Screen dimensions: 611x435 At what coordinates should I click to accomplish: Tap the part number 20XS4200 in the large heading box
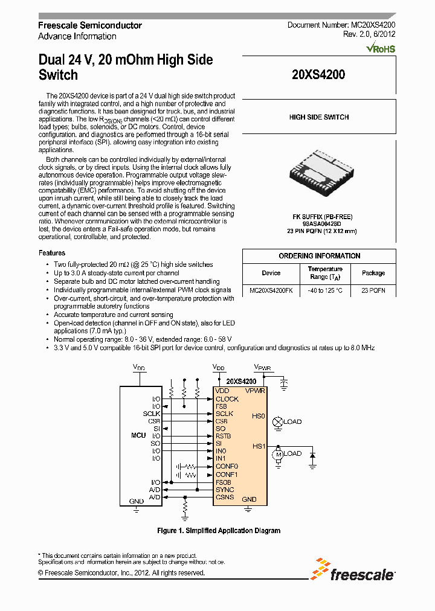tap(318, 75)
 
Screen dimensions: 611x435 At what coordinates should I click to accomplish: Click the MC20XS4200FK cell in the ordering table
tap(271, 290)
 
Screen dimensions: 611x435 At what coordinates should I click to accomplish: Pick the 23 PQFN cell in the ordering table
tap(373, 290)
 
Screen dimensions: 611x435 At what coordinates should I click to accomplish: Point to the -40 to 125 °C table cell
tap(325, 290)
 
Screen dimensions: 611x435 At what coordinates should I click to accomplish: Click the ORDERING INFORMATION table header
tap(319, 256)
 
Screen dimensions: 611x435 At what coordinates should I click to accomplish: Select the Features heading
tap(52, 253)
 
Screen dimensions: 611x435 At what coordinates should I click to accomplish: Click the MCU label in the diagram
tap(138, 435)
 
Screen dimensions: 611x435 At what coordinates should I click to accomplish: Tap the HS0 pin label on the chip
tap(259, 417)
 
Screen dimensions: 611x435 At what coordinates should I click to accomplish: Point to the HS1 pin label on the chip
tap(259, 446)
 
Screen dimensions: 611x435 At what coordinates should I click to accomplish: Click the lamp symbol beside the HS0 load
tap(278, 421)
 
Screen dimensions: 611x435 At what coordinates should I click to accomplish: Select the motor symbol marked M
tap(278, 453)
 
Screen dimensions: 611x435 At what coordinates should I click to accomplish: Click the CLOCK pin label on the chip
tap(227, 399)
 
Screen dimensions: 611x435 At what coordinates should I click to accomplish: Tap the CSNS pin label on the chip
tap(225, 497)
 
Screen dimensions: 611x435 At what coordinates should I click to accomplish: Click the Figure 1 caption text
tap(219, 531)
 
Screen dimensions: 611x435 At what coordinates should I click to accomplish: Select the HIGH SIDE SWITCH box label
tap(319, 117)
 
